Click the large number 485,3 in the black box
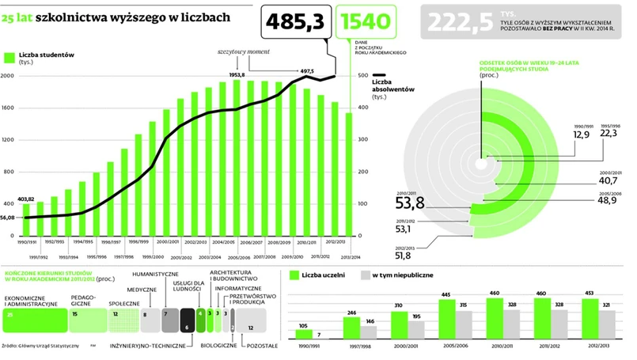pyautogui.click(x=294, y=24)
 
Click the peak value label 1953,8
pyautogui.click(x=237, y=75)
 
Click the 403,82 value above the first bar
pyautogui.click(x=27, y=199)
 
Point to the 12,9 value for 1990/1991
pyautogui.click(x=582, y=135)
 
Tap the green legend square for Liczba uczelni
pyautogui.click(x=294, y=276)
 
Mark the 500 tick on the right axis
pyautogui.click(x=362, y=76)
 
